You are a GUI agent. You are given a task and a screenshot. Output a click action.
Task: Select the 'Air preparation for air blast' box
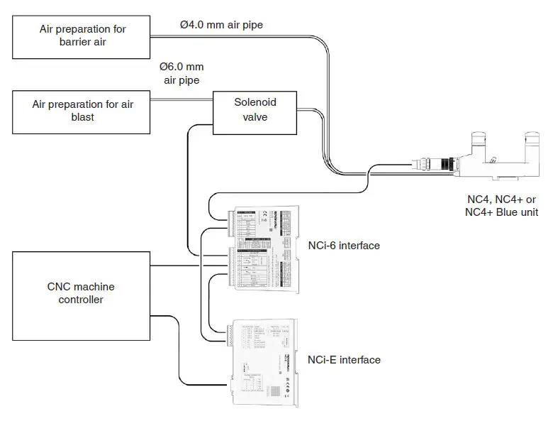[82, 111]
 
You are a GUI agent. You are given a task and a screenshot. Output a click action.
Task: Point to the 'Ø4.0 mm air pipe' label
[220, 25]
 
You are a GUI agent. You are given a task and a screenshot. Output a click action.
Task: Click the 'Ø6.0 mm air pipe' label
[181, 73]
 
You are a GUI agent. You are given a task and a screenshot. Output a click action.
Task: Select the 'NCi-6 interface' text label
[344, 246]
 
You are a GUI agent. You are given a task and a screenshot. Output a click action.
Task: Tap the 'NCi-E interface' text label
[344, 360]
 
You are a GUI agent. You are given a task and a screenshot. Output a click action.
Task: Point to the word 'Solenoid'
[255, 102]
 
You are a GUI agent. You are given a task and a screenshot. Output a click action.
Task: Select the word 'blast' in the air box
[82, 118]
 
